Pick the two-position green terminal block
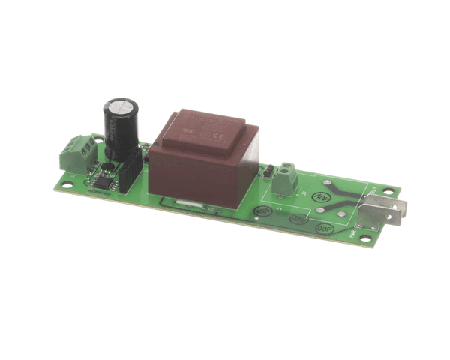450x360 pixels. tap(286, 179)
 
